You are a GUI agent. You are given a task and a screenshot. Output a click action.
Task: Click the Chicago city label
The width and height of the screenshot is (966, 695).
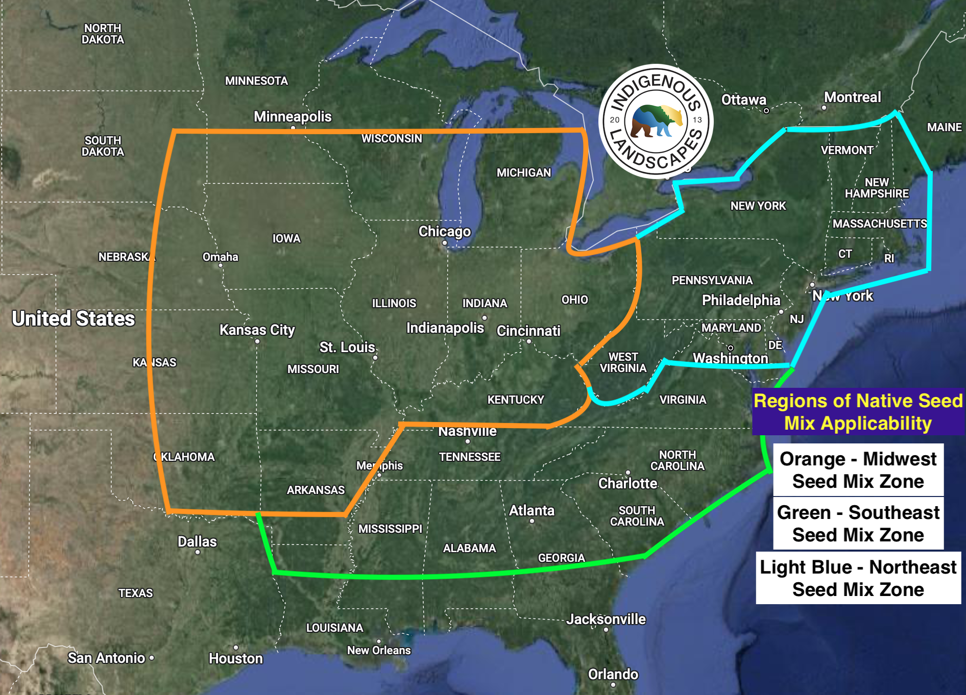pyautogui.click(x=444, y=232)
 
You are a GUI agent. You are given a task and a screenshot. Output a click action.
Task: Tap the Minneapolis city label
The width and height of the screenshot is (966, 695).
pyautogui.click(x=293, y=117)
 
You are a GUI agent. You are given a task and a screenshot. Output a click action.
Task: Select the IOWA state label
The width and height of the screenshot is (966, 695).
pyautogui.click(x=286, y=238)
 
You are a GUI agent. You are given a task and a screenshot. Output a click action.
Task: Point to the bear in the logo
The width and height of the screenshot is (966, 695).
pyautogui.click(x=657, y=121)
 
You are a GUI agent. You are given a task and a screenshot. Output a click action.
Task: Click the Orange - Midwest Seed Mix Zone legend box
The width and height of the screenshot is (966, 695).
pyautogui.click(x=858, y=470)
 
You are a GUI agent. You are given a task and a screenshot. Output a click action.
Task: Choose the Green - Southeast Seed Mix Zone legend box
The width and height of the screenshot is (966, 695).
pyautogui.click(x=858, y=524)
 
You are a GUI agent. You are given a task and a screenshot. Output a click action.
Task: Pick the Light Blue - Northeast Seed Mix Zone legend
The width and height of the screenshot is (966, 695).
pyautogui.click(x=858, y=578)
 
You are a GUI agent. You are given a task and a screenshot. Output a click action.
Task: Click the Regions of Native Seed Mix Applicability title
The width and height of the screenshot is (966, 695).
pyautogui.click(x=858, y=412)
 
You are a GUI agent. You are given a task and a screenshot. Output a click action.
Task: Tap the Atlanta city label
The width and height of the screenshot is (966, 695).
pyautogui.click(x=532, y=510)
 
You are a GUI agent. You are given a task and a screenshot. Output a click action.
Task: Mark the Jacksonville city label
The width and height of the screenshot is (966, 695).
pyautogui.click(x=606, y=619)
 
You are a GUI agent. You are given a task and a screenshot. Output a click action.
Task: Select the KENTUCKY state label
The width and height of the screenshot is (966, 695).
pyautogui.click(x=516, y=400)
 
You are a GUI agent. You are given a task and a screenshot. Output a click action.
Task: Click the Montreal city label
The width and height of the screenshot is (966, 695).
pyautogui.click(x=852, y=97)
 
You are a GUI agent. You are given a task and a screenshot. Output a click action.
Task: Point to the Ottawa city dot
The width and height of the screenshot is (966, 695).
pyautogui.click(x=766, y=111)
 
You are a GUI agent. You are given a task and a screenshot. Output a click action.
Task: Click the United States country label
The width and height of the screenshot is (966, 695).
pyautogui.click(x=74, y=318)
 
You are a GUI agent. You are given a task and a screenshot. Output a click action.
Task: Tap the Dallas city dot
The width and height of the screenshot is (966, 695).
pyautogui.click(x=198, y=552)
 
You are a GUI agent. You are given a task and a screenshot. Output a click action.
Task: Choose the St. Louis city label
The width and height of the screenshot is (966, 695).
pyautogui.click(x=347, y=347)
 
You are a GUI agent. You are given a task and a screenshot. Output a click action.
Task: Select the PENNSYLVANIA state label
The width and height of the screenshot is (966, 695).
pyautogui.click(x=712, y=280)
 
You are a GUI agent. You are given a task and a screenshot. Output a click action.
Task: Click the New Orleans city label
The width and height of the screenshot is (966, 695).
pyautogui.click(x=379, y=650)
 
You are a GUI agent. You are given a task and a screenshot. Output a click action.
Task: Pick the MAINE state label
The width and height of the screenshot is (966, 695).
pyautogui.click(x=944, y=127)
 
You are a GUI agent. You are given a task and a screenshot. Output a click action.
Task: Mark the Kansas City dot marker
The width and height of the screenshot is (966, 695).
pyautogui.click(x=257, y=341)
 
